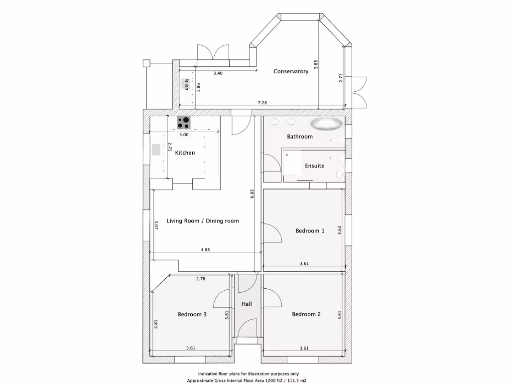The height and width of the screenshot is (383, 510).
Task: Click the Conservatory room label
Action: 291,71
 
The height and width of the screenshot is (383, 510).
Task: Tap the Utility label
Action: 187,84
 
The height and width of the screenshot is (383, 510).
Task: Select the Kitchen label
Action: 185,153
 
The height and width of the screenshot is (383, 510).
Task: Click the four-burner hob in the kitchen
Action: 184,122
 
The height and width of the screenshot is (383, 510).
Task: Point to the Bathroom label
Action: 300,136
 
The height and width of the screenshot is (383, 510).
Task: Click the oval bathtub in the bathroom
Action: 326,124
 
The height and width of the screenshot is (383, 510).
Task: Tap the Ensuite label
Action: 315,166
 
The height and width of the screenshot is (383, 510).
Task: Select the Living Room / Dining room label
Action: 203,221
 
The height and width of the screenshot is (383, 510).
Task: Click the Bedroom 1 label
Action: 310,231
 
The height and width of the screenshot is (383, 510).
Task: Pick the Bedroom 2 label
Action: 306,314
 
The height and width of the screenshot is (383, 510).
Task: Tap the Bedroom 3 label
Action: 192,314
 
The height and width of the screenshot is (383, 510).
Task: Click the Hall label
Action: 247,304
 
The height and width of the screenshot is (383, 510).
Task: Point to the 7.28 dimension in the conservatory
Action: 262,103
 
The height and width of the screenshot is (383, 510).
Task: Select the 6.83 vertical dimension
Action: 253,193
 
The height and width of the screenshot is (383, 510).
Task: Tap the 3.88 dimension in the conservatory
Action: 316,64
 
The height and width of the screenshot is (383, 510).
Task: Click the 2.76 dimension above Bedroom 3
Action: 200,279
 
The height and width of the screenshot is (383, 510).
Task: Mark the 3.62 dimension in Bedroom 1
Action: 339,230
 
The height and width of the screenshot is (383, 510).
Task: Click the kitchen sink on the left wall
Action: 155,149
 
